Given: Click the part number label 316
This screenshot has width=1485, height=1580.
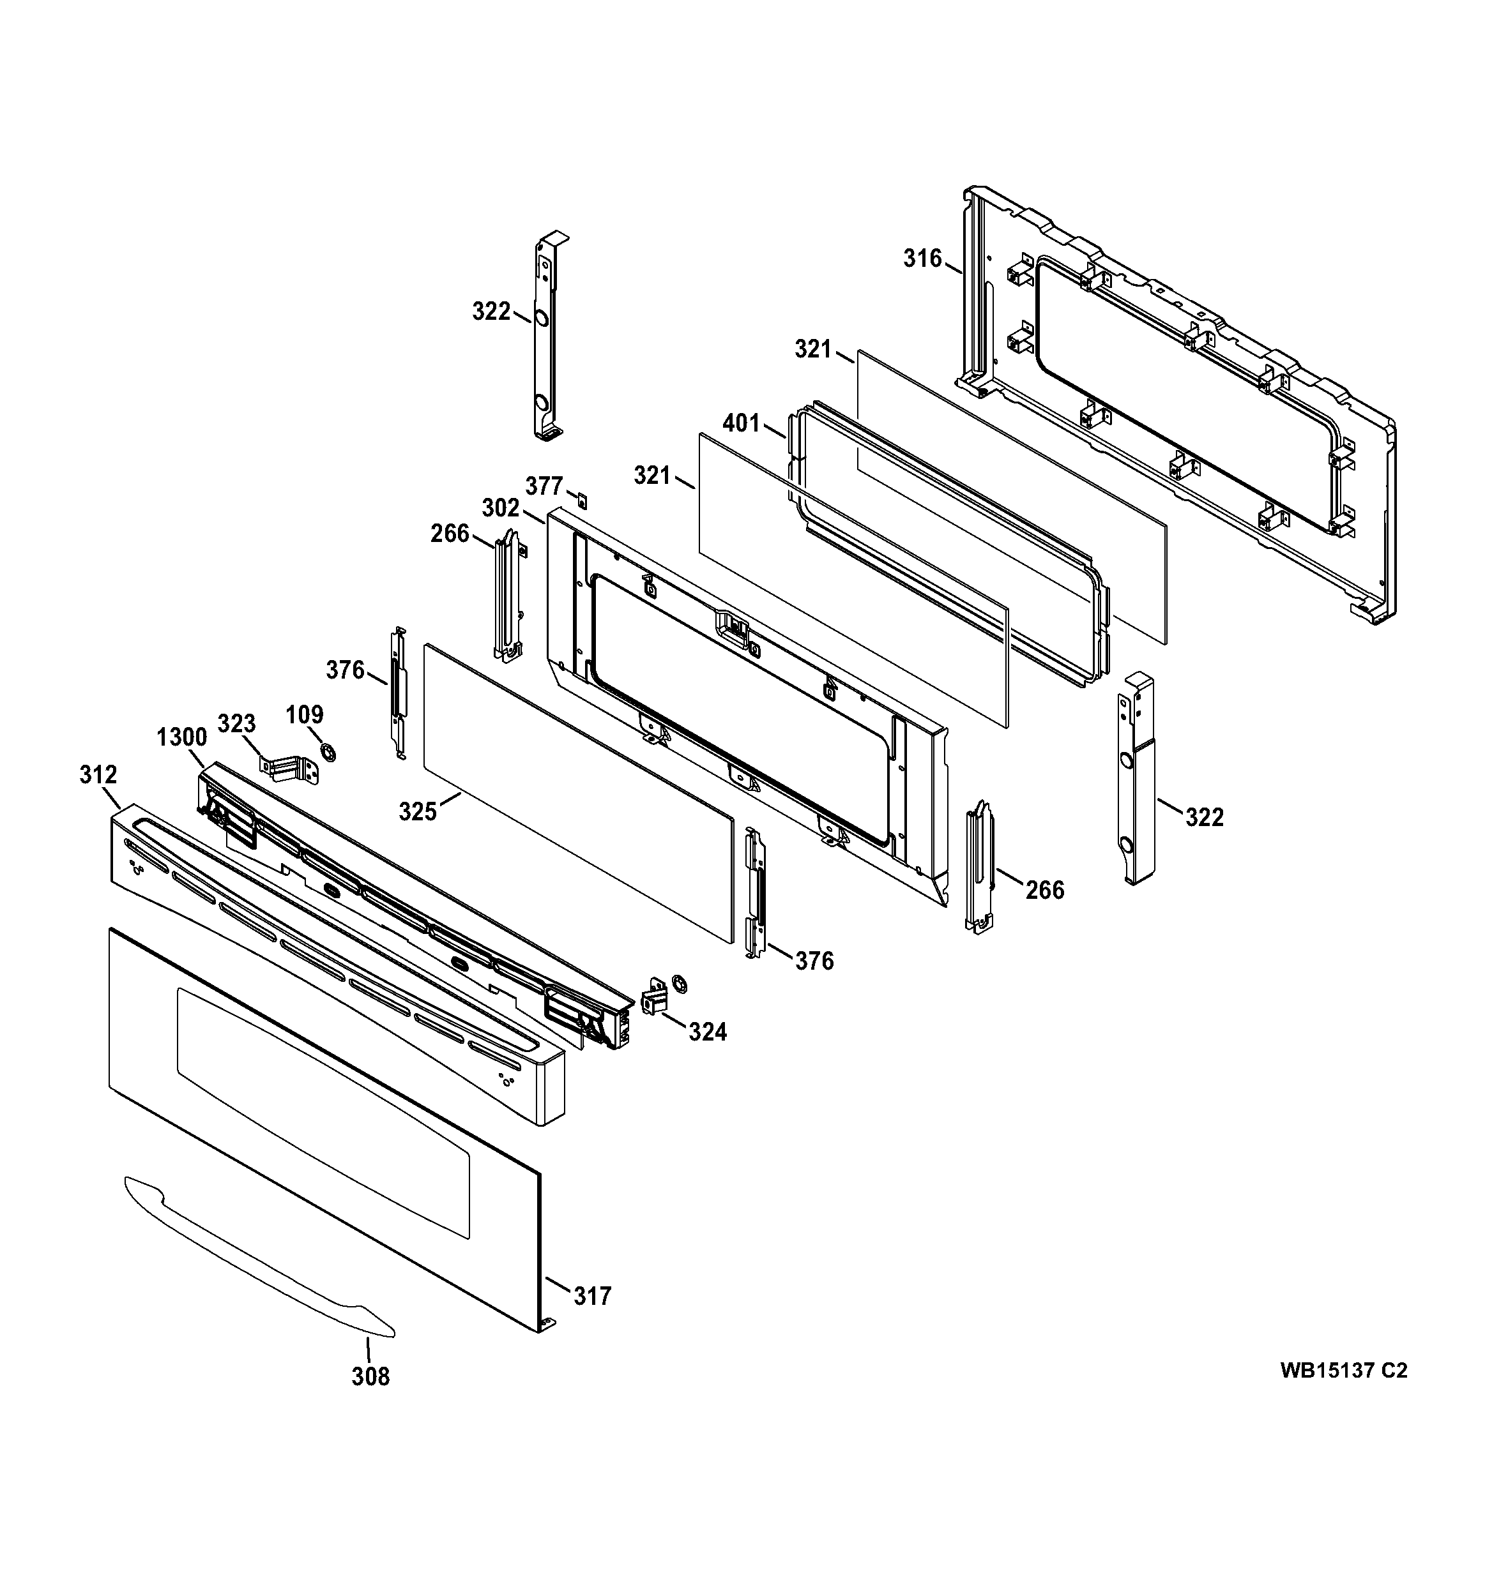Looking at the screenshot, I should point(922,259).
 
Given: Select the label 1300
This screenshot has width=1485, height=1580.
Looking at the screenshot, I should point(182,737).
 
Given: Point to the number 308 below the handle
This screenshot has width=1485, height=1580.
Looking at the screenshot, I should point(370,1376).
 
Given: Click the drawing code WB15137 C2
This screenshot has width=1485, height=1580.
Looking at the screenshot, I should point(1343,1371).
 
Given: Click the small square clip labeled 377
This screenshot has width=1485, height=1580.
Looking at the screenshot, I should point(583,502).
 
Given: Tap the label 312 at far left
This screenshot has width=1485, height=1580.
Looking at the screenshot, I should point(98,775).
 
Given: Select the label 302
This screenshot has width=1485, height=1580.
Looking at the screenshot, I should point(501,508).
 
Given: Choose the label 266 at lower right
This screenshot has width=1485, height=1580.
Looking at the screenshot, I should point(1044,889).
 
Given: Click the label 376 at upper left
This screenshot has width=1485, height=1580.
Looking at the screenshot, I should point(345,671).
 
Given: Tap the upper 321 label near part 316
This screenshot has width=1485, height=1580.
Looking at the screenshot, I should point(813,349).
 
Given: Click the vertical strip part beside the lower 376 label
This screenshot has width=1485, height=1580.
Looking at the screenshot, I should point(755,894).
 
